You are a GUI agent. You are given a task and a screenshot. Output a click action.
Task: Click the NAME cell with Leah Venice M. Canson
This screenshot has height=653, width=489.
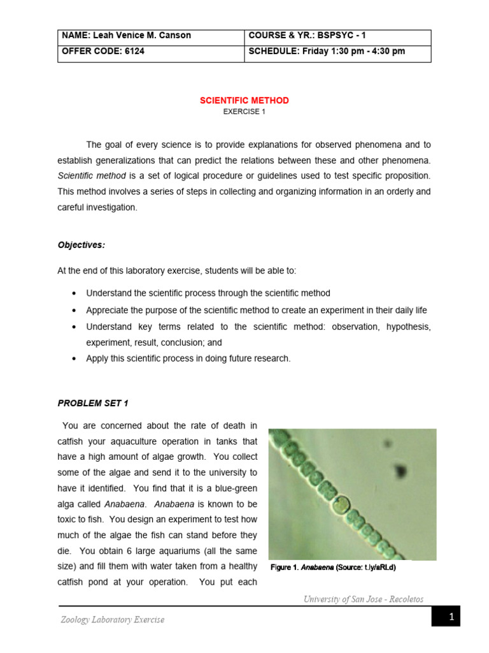pyautogui.click(x=150, y=36)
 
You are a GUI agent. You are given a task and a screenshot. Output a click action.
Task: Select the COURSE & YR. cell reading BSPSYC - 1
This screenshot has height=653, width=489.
pyautogui.click(x=337, y=36)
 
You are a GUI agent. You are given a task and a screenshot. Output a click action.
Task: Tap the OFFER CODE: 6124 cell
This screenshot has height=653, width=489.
pyautogui.click(x=150, y=52)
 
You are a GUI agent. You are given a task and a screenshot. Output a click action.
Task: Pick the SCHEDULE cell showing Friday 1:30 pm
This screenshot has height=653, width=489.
pyautogui.click(x=337, y=52)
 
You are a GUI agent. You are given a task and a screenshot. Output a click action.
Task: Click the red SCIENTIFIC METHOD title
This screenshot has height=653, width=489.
pyautogui.click(x=244, y=101)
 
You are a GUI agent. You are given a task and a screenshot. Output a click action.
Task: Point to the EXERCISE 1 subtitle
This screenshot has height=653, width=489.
pyautogui.click(x=244, y=112)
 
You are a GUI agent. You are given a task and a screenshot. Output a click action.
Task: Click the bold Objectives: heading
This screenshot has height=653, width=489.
pyautogui.click(x=81, y=245)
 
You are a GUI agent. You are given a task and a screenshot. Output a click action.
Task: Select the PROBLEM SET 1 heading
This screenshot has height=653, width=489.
pyautogui.click(x=93, y=403)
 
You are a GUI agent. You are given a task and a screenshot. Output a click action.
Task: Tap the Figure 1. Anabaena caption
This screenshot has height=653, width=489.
pyautogui.click(x=333, y=568)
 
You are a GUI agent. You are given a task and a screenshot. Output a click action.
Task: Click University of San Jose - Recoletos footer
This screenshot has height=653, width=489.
pyautogui.click(x=363, y=599)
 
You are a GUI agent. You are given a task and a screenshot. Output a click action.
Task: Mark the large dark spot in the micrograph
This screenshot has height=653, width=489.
pyautogui.click(x=400, y=471)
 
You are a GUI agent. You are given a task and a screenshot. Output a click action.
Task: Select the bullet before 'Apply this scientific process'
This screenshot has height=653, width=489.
pyautogui.click(x=75, y=358)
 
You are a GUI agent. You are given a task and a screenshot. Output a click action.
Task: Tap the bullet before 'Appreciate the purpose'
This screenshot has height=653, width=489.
pyautogui.click(x=75, y=311)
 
